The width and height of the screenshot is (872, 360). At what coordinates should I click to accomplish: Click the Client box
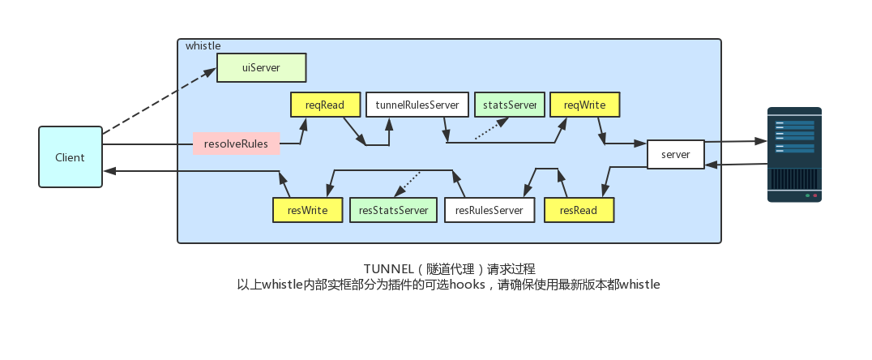click(x=70, y=157)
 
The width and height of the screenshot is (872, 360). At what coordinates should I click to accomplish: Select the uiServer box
click(x=261, y=68)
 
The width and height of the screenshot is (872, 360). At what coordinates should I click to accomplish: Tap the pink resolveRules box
click(x=236, y=144)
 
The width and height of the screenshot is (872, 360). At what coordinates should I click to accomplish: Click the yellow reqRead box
click(x=325, y=105)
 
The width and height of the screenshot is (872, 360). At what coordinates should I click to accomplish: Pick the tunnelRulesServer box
click(x=417, y=105)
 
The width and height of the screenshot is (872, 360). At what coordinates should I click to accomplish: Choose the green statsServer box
click(x=509, y=105)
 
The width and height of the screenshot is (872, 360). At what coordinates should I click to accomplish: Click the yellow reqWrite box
click(x=584, y=105)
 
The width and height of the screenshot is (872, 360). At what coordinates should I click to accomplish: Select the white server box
click(x=675, y=154)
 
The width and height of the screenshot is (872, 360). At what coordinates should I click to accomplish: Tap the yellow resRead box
click(x=579, y=210)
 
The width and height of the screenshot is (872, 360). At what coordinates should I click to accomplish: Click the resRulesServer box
click(x=489, y=210)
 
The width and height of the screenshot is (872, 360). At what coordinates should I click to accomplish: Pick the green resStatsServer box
click(x=393, y=210)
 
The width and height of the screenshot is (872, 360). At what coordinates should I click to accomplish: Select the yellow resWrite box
click(x=307, y=210)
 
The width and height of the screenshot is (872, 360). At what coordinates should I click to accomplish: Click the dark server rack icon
click(x=794, y=154)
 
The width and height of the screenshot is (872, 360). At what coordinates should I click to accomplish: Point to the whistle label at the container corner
click(x=203, y=46)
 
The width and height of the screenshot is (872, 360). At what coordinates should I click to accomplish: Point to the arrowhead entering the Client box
click(x=109, y=171)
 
